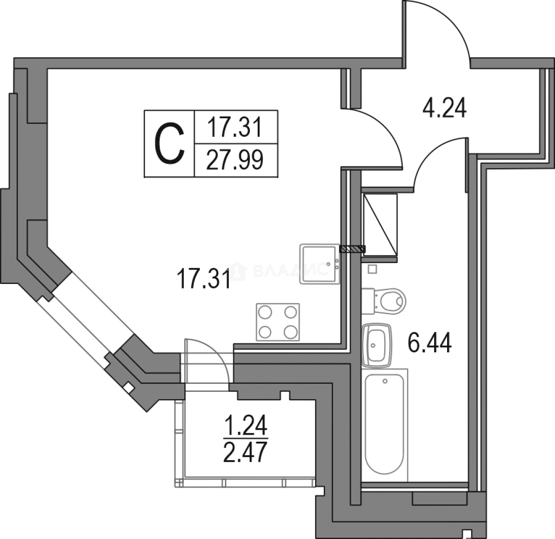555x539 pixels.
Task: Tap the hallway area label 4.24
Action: (x=444, y=108)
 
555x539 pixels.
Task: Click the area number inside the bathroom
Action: (x=431, y=344)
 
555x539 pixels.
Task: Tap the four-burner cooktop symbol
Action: (x=279, y=321)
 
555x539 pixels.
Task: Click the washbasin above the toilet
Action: (x=385, y=301)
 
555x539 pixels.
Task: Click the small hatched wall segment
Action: (x=352, y=249)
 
